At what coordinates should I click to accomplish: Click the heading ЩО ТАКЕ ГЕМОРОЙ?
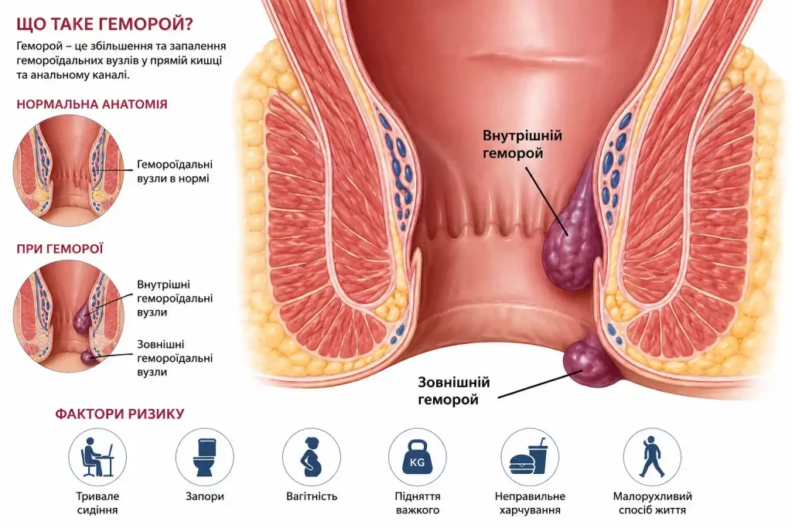pyautogui.click(x=104, y=24)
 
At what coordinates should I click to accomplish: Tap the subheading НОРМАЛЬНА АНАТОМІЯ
pyautogui.click(x=92, y=104)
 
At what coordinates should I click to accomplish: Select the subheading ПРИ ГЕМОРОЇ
pyautogui.click(x=60, y=249)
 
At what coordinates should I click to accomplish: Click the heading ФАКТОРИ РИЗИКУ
pyautogui.click(x=120, y=414)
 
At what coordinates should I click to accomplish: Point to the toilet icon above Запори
pyautogui.click(x=204, y=458)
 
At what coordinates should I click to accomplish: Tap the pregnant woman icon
pyautogui.click(x=311, y=458)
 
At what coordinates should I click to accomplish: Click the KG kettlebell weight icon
pyautogui.click(x=418, y=458)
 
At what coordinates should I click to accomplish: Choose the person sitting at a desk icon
pyautogui.click(x=97, y=458)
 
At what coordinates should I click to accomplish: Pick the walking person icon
pyautogui.click(x=652, y=458)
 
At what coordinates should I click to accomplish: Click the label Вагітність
pyautogui.click(x=311, y=497)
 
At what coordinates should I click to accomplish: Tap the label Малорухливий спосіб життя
pyautogui.click(x=653, y=503)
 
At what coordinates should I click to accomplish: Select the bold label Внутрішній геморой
pyautogui.click(x=522, y=145)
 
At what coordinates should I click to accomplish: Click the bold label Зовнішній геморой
pyautogui.click(x=453, y=391)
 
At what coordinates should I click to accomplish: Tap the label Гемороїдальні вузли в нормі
pyautogui.click(x=175, y=172)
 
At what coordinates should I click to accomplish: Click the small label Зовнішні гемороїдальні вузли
pyautogui.click(x=175, y=359)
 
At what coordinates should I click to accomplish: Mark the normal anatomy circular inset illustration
pyautogui.click(x=69, y=170)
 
